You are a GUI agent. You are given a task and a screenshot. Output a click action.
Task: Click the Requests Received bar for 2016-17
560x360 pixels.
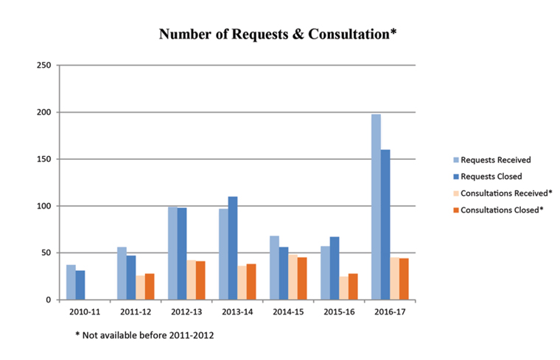click(x=376, y=207)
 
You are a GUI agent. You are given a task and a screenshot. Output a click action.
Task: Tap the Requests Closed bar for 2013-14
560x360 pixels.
click(x=233, y=248)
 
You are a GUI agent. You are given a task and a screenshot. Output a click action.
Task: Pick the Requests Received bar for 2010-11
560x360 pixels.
click(x=71, y=282)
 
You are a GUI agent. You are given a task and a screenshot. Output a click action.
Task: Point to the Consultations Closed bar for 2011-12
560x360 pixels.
click(x=150, y=286)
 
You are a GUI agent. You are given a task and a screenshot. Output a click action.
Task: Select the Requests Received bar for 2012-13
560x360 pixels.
click(x=172, y=253)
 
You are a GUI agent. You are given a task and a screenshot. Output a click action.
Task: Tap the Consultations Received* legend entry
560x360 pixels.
click(x=503, y=193)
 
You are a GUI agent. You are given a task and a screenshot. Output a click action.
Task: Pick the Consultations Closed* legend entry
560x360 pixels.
click(x=500, y=210)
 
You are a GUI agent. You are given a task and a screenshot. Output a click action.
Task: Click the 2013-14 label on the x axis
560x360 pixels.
click(x=237, y=312)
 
